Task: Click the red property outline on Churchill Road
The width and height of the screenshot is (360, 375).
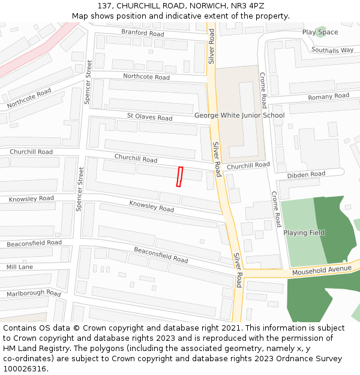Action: click(179, 177)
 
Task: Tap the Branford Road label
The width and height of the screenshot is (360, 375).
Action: click(142, 33)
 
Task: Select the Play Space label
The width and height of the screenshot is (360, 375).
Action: click(320, 32)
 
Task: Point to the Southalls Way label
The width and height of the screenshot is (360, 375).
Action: click(332, 50)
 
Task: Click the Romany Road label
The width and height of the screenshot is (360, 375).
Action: click(328, 97)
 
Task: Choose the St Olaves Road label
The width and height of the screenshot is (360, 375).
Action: click(149, 116)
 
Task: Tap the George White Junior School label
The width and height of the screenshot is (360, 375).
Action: click(239, 115)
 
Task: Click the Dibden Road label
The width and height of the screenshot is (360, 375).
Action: click(306, 175)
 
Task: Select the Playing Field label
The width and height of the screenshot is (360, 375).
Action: click(304, 233)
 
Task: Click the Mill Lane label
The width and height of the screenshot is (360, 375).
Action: click(20, 266)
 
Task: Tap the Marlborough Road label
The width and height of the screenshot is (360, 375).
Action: click(34, 293)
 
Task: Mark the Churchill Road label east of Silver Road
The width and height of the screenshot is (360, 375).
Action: click(248, 166)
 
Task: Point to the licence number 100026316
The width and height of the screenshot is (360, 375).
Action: click(25, 369)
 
